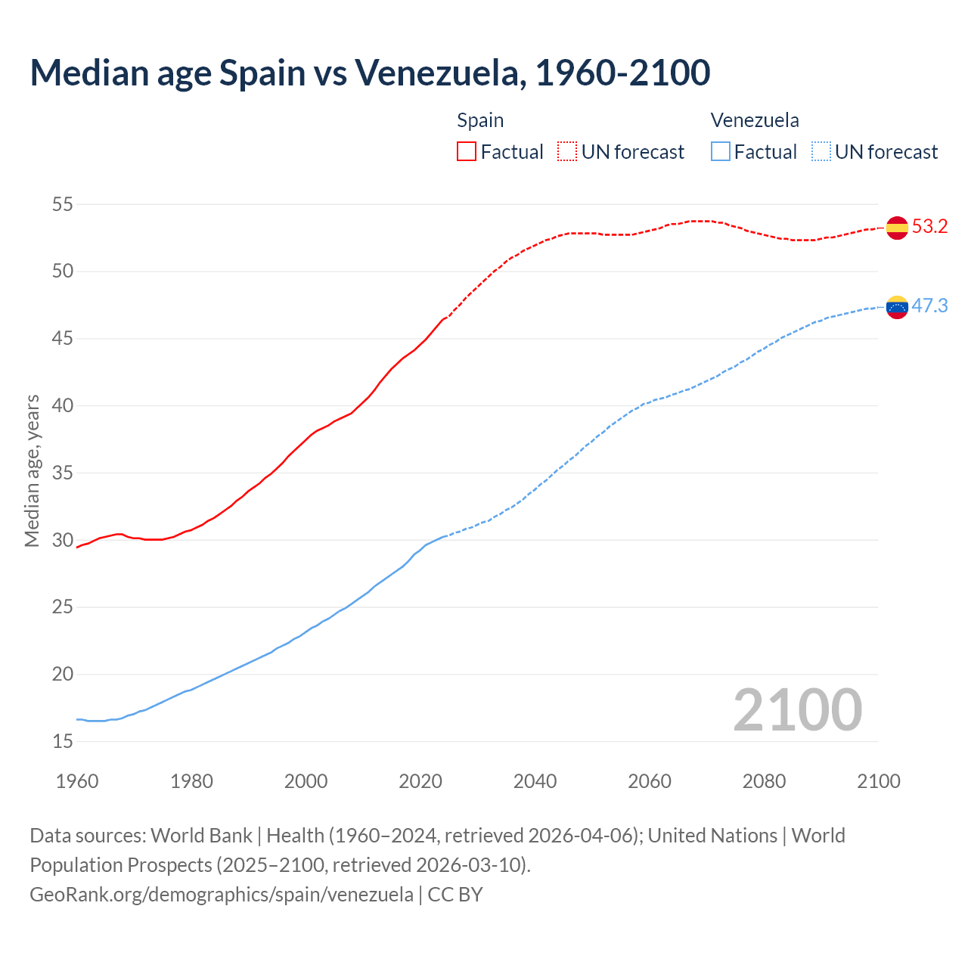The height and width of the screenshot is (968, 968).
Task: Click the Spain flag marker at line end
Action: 897,228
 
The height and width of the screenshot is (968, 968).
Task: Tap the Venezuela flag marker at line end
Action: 897,307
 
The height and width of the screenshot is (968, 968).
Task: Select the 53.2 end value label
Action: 929,227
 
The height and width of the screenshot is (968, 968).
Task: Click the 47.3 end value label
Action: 929,306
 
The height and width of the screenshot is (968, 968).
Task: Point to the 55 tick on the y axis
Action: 63,204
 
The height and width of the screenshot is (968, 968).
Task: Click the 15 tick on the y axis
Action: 63,742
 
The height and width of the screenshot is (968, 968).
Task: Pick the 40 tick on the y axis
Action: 63,406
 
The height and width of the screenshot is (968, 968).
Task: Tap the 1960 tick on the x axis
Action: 77,781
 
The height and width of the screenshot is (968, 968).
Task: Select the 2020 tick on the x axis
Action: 420,781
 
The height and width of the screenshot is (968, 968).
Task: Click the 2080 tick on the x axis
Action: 764,781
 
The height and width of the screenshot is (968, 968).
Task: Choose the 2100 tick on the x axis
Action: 878,781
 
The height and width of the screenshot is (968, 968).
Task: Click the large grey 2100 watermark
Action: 797,709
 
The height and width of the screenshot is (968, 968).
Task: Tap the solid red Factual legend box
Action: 467,151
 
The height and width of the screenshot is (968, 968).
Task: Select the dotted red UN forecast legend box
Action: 567,151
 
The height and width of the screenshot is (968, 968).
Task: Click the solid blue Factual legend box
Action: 721,151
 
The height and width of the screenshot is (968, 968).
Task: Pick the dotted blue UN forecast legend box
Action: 821,151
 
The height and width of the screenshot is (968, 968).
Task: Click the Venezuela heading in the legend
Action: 754,120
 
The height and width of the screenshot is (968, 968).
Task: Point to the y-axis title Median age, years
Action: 32,470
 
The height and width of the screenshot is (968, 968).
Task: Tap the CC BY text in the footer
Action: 455,895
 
